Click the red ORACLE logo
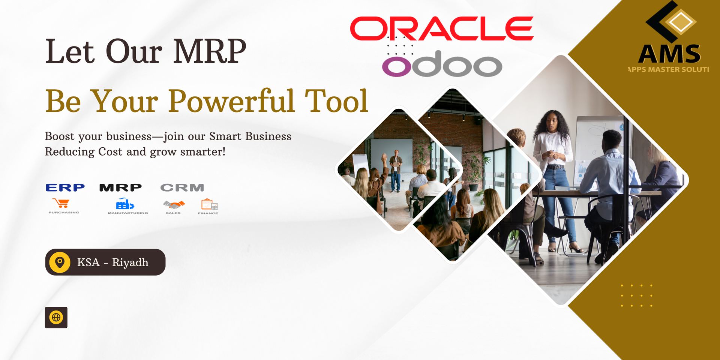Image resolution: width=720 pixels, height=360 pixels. (442, 28)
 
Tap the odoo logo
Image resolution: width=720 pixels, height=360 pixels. (442, 64)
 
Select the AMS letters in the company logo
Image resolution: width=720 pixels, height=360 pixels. (669, 54)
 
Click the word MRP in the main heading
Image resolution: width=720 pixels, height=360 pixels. (210, 51)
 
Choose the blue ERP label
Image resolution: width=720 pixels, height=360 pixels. (65, 187)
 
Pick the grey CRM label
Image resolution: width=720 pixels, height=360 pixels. (182, 187)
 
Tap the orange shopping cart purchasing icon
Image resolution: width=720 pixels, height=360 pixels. (61, 203)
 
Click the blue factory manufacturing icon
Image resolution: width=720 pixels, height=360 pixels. (125, 204)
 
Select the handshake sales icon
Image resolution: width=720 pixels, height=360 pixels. (174, 205)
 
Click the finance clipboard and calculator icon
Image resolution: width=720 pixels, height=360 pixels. (209, 204)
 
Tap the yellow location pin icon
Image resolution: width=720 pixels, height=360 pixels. (60, 262)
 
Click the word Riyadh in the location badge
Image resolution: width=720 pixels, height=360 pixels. (130, 262)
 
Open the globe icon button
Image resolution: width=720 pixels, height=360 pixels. (56, 318)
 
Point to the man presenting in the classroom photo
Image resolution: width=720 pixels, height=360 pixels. (396, 170)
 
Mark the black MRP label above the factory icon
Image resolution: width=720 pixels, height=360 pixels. (120, 187)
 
